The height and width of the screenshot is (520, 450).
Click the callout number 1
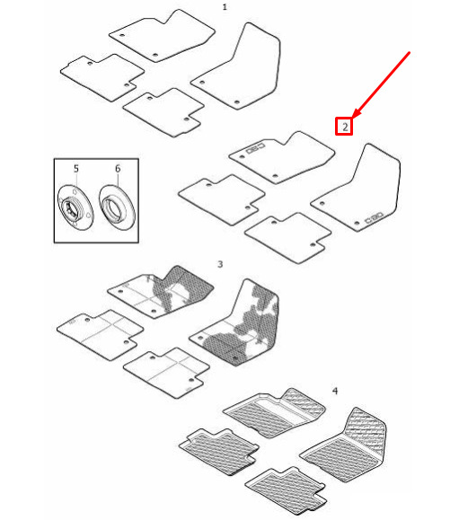(225, 7)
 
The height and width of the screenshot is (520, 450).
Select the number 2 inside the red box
(345, 127)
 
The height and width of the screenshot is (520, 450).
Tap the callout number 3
(220, 264)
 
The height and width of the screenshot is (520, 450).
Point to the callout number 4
(335, 391)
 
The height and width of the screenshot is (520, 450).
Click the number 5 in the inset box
(76, 169)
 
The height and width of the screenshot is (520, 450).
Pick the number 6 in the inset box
(118, 169)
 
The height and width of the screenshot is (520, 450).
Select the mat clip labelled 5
(75, 207)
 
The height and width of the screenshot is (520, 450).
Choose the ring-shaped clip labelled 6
(117, 207)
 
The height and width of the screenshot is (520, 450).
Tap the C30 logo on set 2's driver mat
(374, 218)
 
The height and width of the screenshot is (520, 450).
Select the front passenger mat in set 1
(163, 36)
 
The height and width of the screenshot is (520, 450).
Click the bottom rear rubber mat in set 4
(286, 489)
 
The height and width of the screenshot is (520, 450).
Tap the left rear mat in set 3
(101, 334)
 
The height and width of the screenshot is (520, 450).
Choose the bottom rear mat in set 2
(287, 238)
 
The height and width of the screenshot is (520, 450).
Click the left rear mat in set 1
(102, 77)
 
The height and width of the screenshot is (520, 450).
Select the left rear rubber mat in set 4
(219, 452)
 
